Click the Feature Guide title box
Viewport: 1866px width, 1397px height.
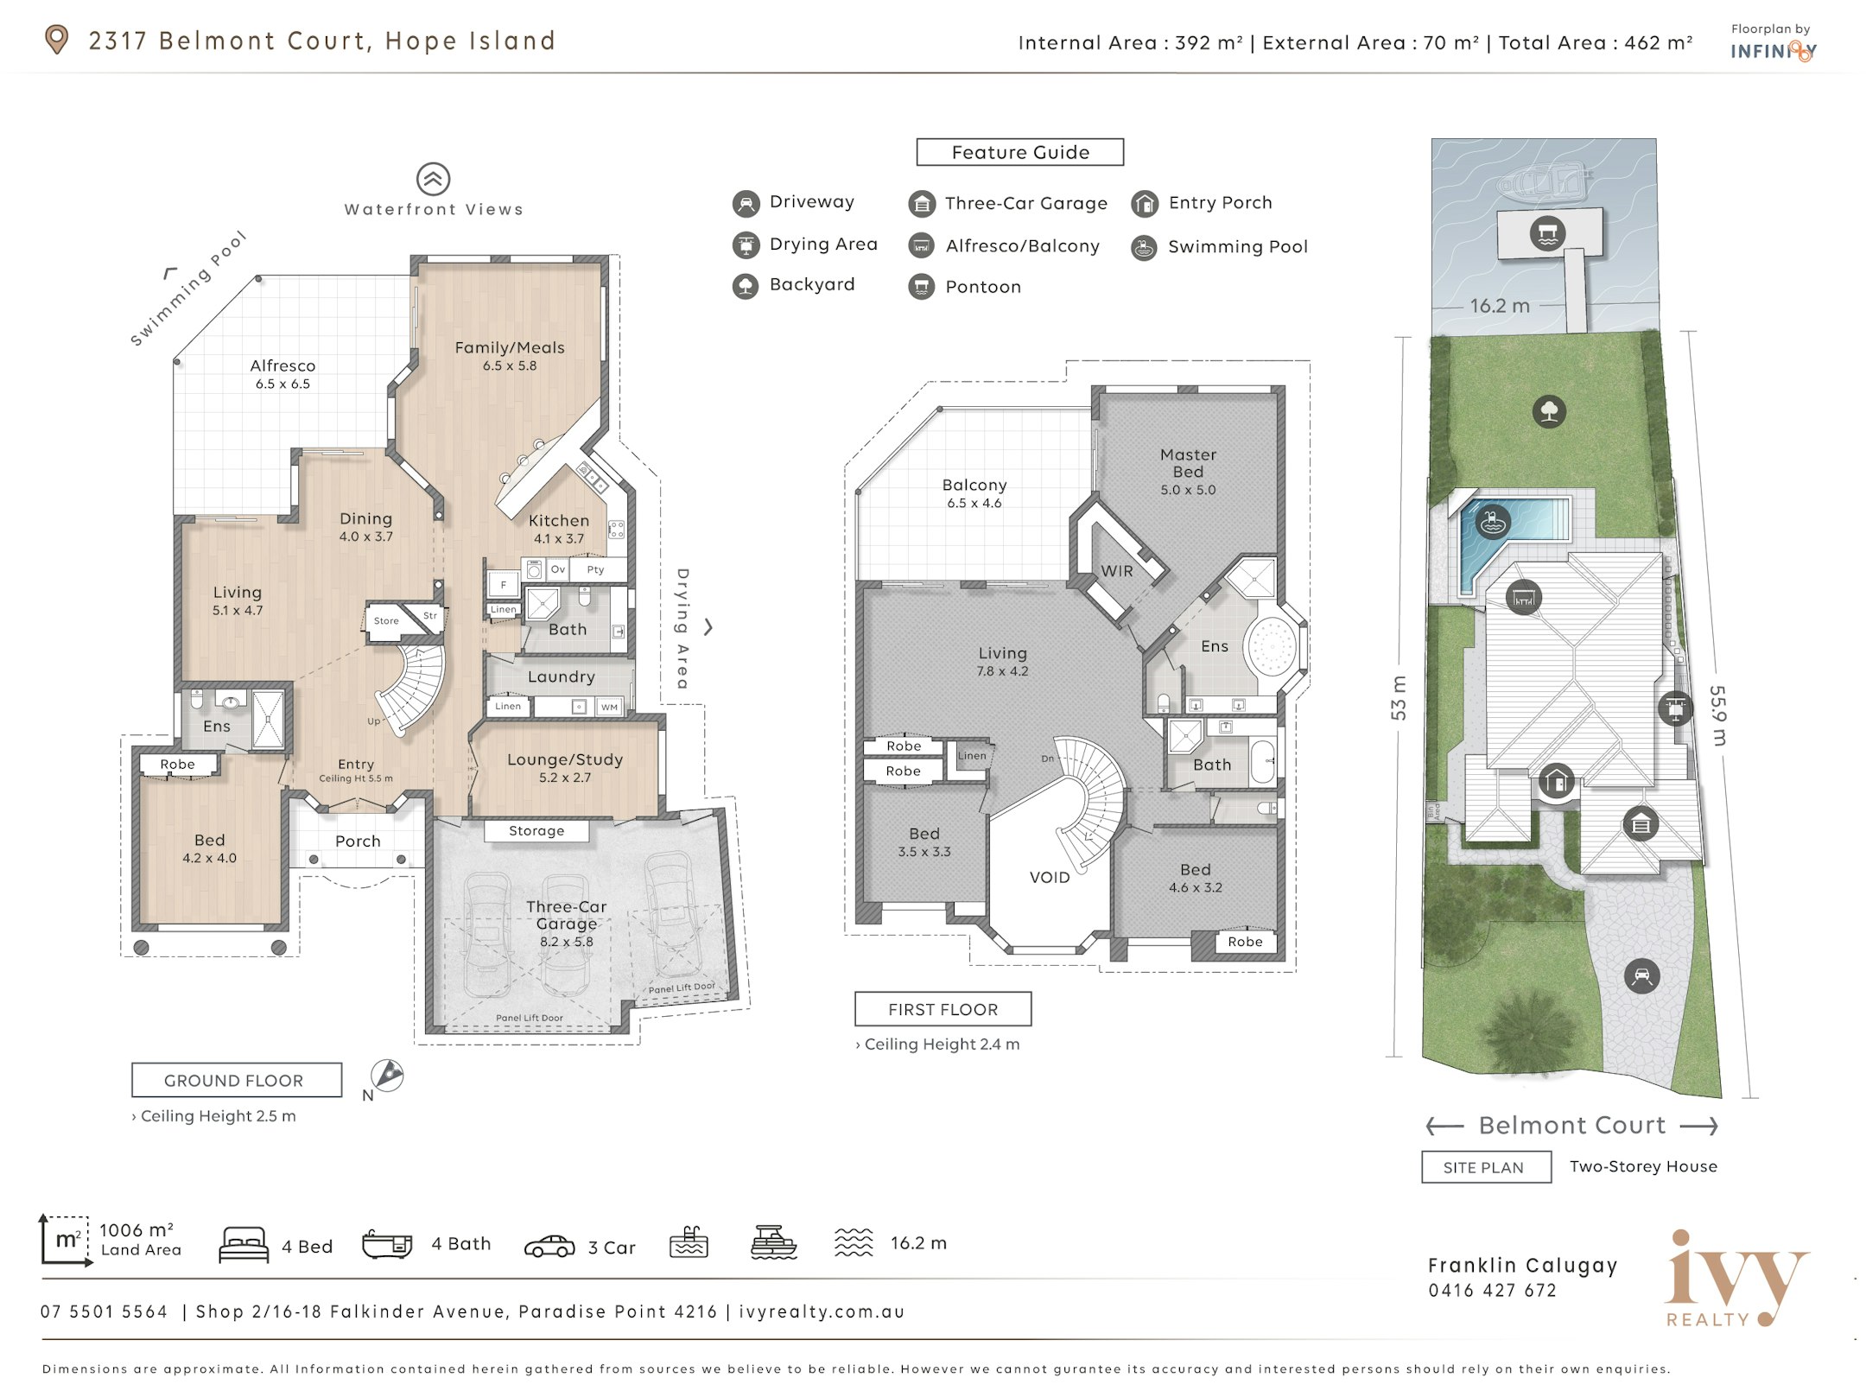(1019, 152)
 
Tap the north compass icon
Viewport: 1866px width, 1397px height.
(387, 1076)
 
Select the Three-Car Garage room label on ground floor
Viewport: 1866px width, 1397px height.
(567, 915)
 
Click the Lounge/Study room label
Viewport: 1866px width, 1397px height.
(565, 759)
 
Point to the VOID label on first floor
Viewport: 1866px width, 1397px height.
(1050, 877)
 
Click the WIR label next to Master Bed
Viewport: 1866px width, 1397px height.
(1116, 571)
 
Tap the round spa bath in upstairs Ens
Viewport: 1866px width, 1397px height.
(1271, 645)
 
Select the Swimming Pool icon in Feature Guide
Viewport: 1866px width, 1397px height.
(1144, 248)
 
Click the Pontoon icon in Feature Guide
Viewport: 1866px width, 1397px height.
(922, 287)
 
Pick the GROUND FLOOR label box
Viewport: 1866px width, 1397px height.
(237, 1080)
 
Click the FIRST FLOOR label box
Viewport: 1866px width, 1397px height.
(943, 1009)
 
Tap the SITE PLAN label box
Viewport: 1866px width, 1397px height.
(1486, 1167)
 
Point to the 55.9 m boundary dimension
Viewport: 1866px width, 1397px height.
(1718, 715)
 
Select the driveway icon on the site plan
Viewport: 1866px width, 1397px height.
(1641, 976)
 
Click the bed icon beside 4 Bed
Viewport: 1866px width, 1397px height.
(244, 1245)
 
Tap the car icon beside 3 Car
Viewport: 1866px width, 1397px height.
(549, 1246)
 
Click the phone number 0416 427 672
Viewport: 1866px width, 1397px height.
(1492, 1291)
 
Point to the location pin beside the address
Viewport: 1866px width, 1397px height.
(56, 40)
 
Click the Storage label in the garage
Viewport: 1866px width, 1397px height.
(536, 831)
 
